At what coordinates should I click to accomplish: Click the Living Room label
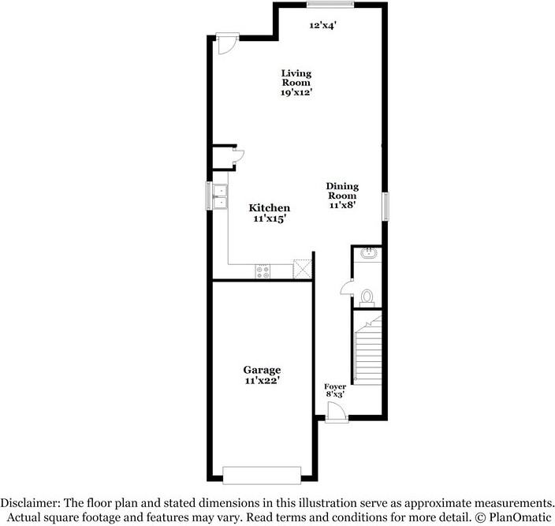click(296, 77)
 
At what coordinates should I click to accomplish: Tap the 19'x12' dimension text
click(296, 92)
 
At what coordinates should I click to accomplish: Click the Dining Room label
click(343, 191)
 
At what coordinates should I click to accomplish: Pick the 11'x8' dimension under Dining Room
click(343, 205)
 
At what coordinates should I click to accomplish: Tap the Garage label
click(262, 370)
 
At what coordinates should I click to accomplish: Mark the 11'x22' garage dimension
click(262, 381)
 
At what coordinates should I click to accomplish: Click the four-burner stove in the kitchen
click(263, 270)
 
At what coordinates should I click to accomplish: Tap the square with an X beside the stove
click(302, 268)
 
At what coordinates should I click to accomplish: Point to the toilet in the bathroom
click(367, 297)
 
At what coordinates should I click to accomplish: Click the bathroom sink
click(367, 253)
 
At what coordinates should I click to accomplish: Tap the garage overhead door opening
click(262, 474)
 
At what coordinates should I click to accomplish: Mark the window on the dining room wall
click(386, 206)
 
